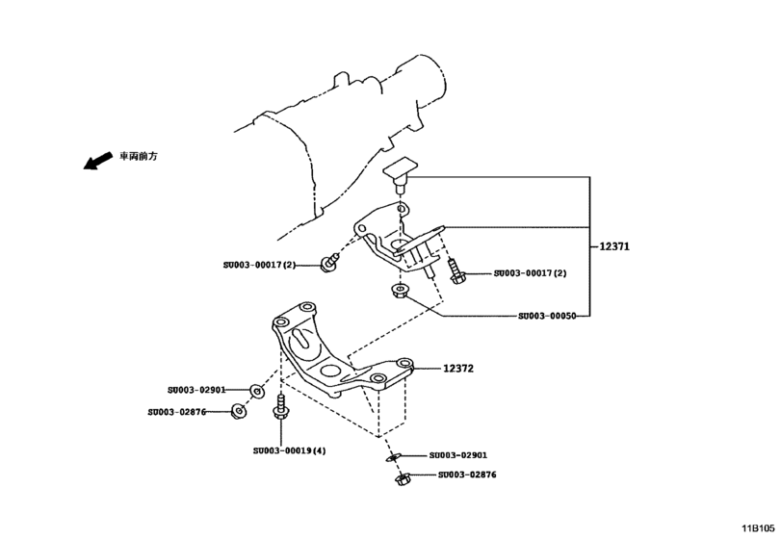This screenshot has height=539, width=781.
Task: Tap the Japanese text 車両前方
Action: (138, 156)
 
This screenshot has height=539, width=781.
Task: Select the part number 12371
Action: (613, 246)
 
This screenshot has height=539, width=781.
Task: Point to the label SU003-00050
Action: (547, 316)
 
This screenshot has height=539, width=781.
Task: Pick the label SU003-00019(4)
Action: (290, 449)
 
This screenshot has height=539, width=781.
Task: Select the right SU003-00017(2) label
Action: (530, 273)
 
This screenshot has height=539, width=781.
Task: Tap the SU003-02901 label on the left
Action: (195, 390)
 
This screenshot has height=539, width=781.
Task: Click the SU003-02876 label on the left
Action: (177, 411)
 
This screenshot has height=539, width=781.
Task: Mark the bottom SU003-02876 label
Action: (467, 475)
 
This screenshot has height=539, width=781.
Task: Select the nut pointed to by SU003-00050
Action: (398, 291)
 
